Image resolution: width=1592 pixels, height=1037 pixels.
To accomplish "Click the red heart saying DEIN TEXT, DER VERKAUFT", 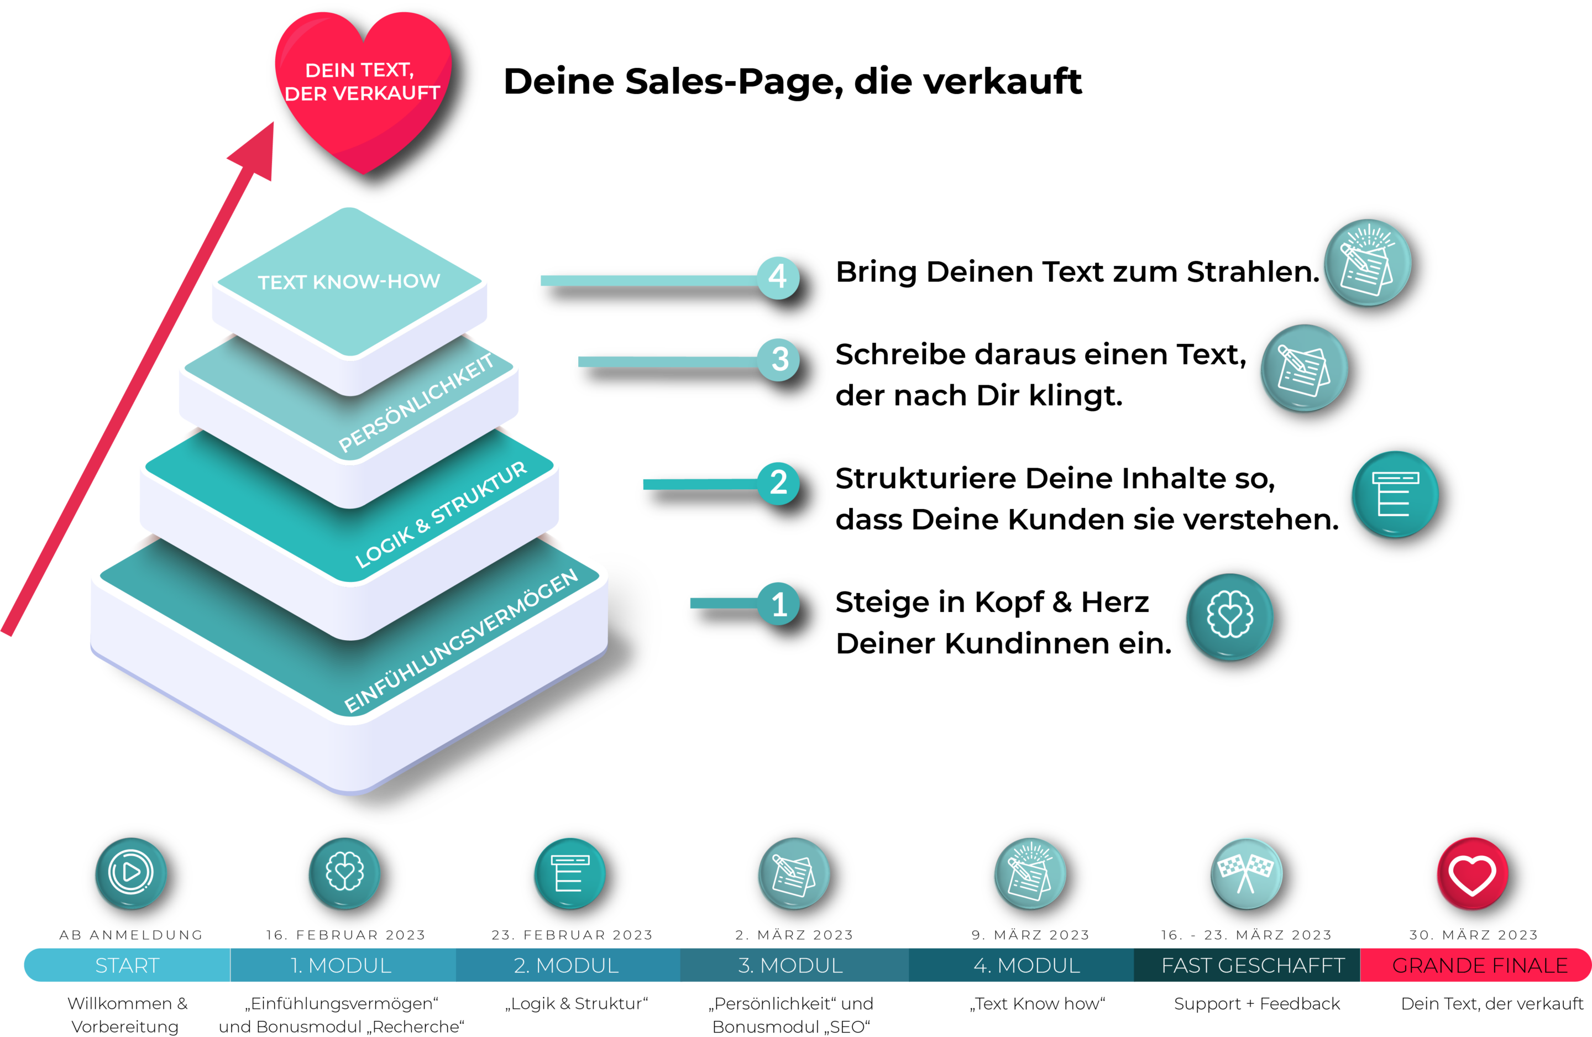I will tap(363, 83).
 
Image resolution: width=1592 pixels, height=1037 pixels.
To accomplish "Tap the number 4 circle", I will tap(778, 277).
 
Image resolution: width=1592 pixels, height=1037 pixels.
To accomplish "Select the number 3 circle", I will tap(779, 360).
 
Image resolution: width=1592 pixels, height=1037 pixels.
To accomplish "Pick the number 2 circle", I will tap(779, 483).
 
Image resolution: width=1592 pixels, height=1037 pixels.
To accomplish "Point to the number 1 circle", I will tap(779, 604).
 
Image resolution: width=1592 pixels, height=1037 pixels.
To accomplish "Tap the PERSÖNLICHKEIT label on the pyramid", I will tap(416, 403).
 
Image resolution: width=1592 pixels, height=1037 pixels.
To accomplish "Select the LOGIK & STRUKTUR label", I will tap(441, 515).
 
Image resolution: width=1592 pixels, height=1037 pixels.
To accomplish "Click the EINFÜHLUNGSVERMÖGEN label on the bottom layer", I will tap(461, 641).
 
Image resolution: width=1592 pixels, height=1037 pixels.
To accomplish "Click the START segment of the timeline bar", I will tap(127, 965).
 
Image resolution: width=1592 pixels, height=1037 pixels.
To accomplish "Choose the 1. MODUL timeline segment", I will tap(341, 965).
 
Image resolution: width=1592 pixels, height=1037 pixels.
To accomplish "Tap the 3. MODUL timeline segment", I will tap(790, 965).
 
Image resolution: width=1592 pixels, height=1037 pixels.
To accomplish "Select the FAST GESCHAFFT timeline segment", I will tap(1252, 965).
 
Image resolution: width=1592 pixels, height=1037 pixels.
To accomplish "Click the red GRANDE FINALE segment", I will tap(1480, 965).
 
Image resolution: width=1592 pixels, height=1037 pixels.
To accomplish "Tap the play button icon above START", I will tap(131, 873).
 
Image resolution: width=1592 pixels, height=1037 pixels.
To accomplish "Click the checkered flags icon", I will tap(1245, 873).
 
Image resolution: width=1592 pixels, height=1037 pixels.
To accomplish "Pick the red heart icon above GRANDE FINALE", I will tap(1472, 873).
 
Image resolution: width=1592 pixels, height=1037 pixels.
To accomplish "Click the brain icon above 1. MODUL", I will tap(344, 873).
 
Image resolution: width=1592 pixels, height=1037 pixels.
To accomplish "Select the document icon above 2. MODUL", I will tap(569, 873).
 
